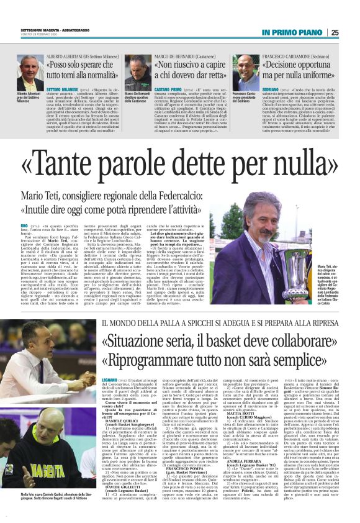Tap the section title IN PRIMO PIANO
coord(292,32)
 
